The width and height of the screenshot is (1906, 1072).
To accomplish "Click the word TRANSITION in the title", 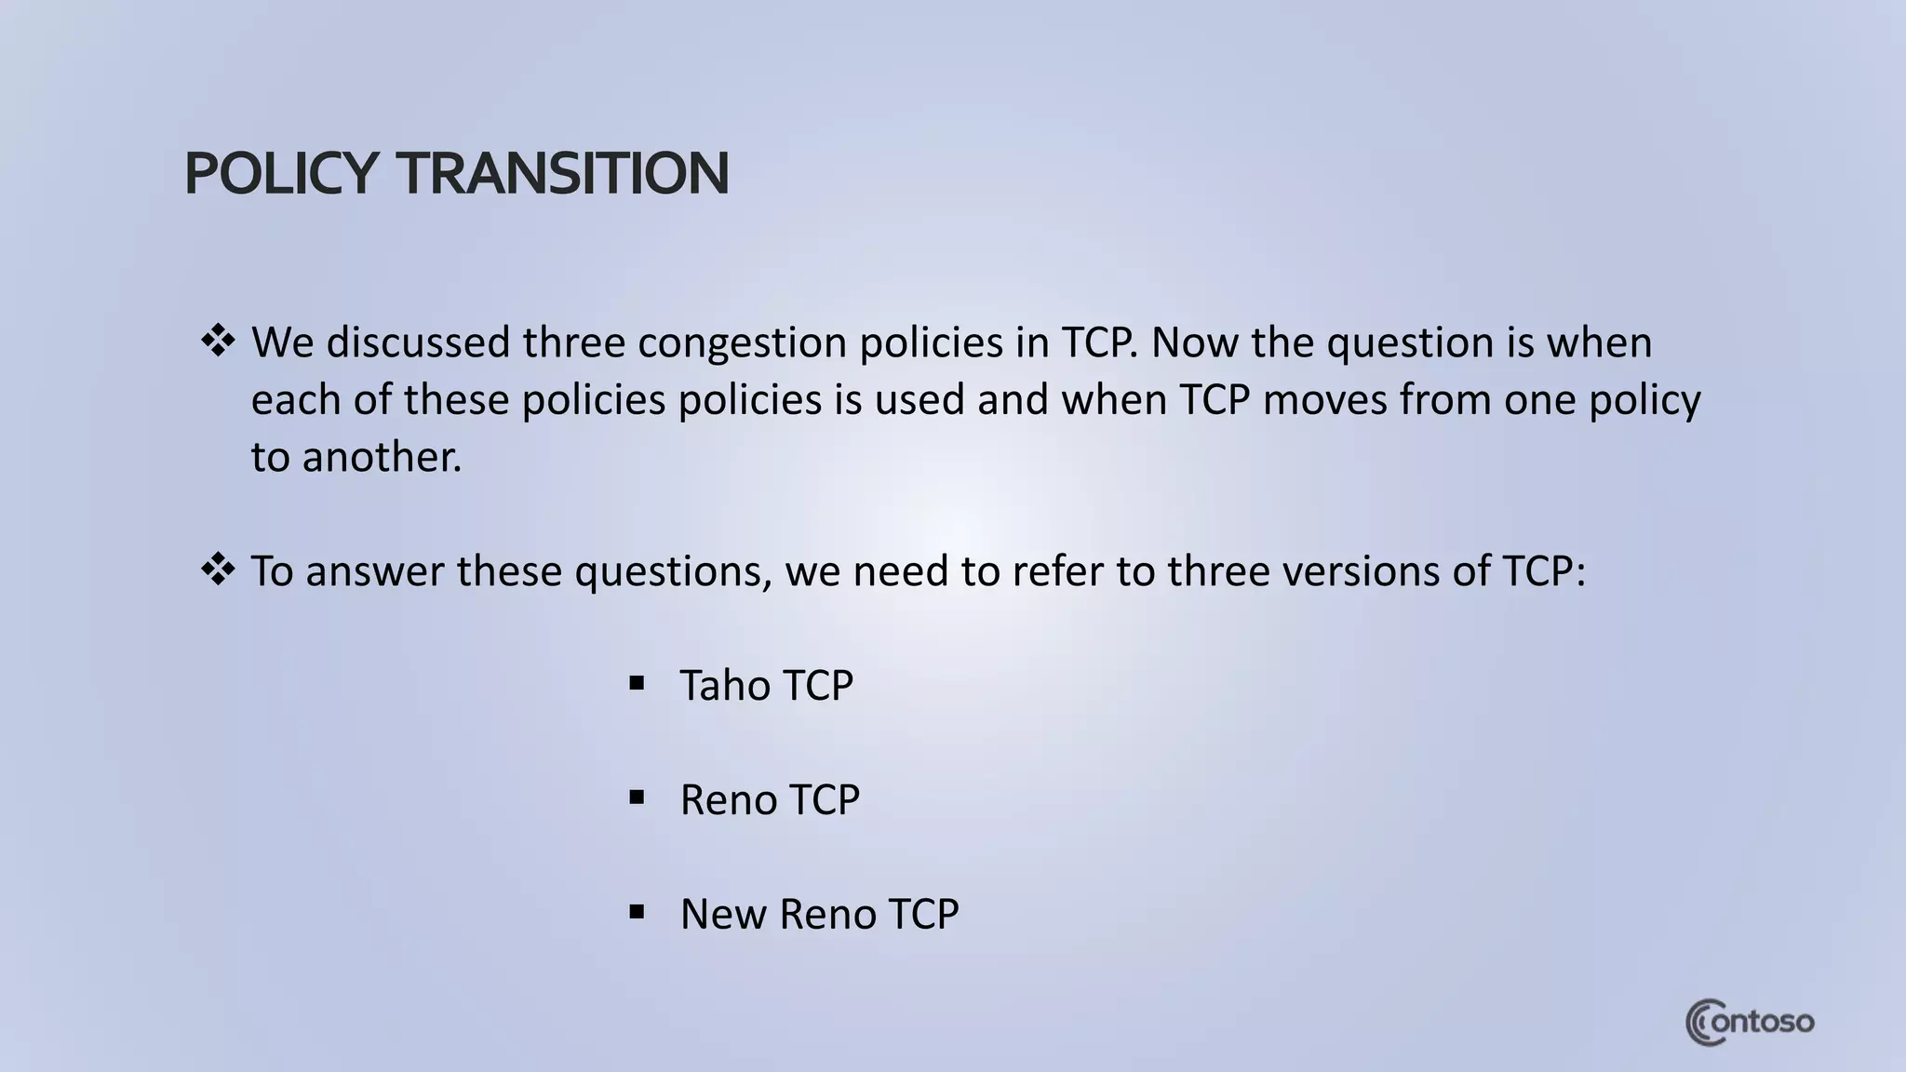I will tap(563, 174).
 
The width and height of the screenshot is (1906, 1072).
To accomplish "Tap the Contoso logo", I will tap(1750, 1023).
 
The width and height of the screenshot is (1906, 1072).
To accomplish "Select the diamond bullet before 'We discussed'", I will tap(218, 342).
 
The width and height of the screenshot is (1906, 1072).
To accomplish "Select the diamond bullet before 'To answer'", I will tap(218, 569).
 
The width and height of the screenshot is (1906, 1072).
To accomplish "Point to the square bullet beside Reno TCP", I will tap(637, 798).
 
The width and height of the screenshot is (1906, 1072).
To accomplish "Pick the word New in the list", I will tap(723, 914).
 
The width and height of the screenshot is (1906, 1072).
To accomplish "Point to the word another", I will tap(382, 457).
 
